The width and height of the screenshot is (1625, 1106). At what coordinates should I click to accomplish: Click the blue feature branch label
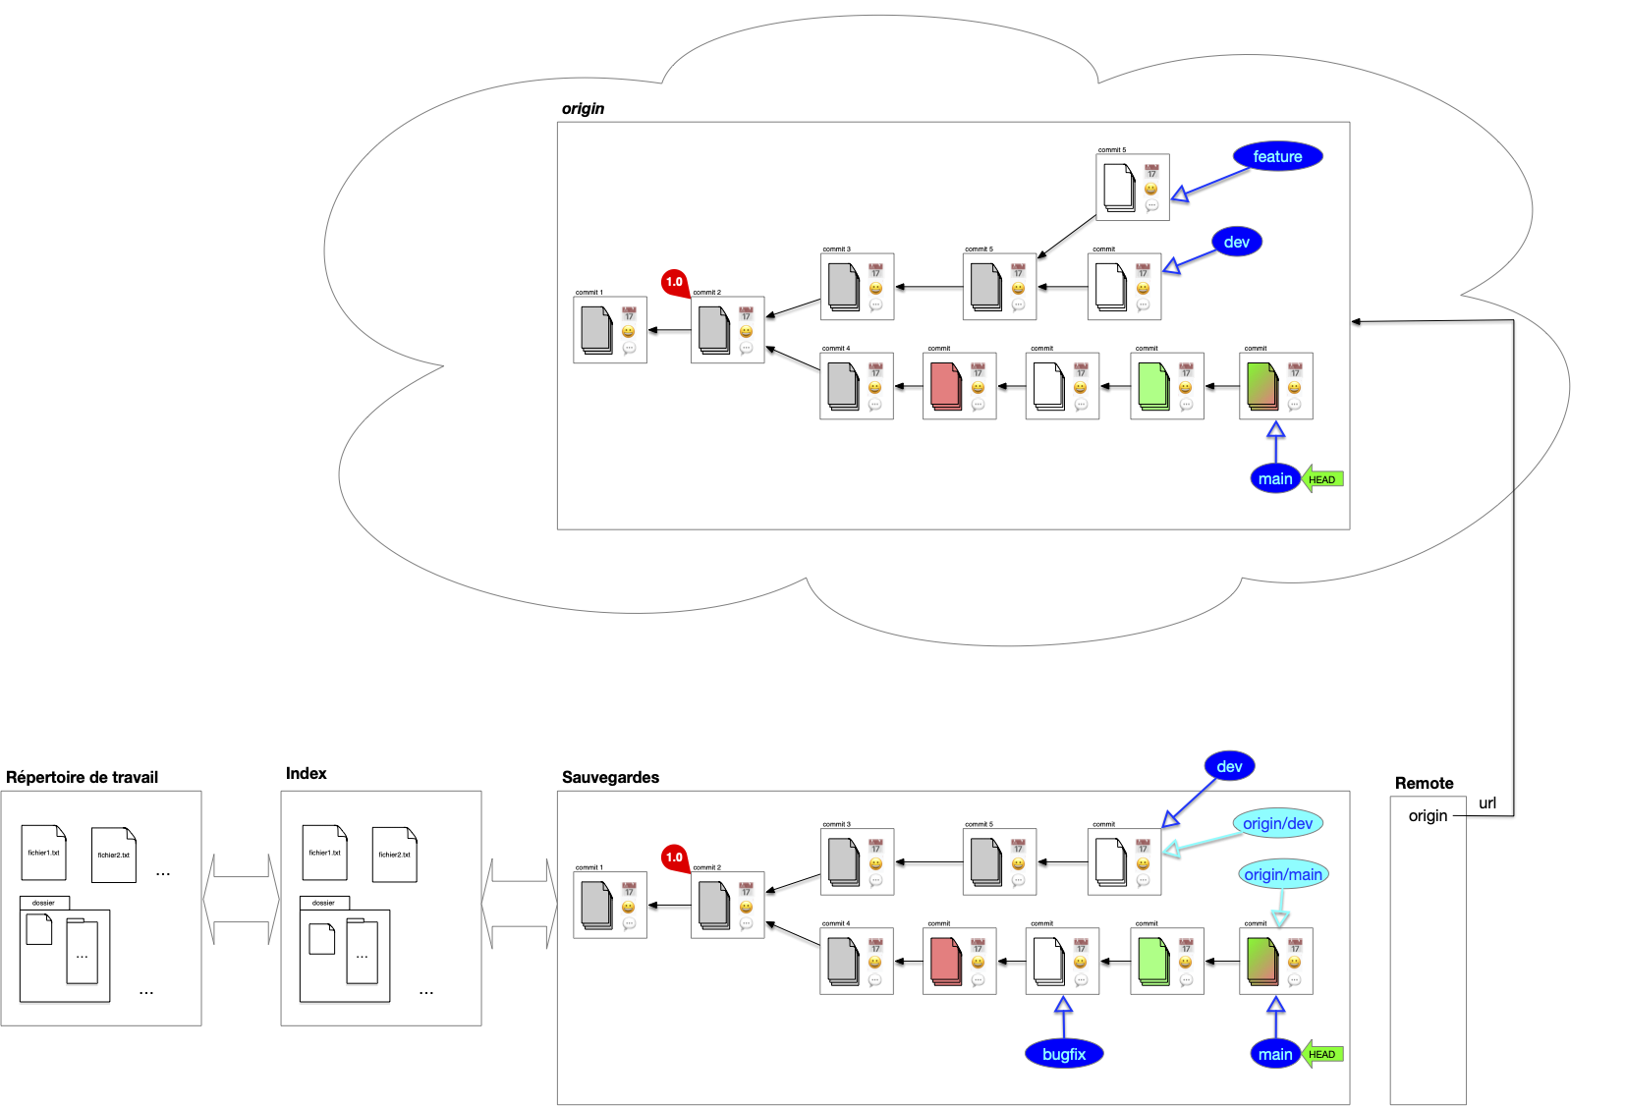click(1277, 156)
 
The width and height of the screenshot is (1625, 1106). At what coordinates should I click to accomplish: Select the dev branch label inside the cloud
click(1236, 242)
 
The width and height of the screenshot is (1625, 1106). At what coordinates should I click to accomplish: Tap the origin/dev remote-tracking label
click(1277, 823)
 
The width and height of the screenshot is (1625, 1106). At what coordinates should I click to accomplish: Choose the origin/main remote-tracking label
click(1283, 874)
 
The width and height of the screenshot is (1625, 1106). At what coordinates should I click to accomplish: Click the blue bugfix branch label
click(1064, 1054)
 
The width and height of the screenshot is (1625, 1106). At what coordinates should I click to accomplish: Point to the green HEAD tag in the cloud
click(1323, 479)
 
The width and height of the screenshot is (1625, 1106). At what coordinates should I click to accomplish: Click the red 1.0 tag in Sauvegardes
click(674, 857)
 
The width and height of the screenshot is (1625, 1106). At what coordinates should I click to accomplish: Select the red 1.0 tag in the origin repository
click(674, 282)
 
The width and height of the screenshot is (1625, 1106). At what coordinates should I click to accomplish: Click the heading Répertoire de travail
click(82, 777)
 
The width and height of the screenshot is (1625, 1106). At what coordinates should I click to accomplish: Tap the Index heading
click(306, 774)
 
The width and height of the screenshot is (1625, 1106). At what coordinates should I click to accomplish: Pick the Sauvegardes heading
click(610, 777)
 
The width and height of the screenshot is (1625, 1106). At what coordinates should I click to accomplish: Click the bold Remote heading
click(1424, 783)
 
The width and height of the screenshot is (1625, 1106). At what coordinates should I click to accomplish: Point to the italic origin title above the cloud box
click(583, 108)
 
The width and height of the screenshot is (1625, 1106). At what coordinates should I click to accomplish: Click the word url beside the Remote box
click(1487, 802)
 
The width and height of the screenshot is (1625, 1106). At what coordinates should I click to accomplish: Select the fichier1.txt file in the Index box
click(324, 853)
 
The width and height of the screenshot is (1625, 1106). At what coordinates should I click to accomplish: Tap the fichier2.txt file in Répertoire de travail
click(113, 855)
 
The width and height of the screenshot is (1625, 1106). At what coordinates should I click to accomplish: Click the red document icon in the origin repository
click(945, 386)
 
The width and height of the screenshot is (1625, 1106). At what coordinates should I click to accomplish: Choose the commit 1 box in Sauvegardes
click(609, 905)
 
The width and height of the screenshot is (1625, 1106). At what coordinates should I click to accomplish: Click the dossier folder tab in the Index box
click(324, 903)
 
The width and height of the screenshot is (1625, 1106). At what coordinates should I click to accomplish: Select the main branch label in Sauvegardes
click(1275, 1054)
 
